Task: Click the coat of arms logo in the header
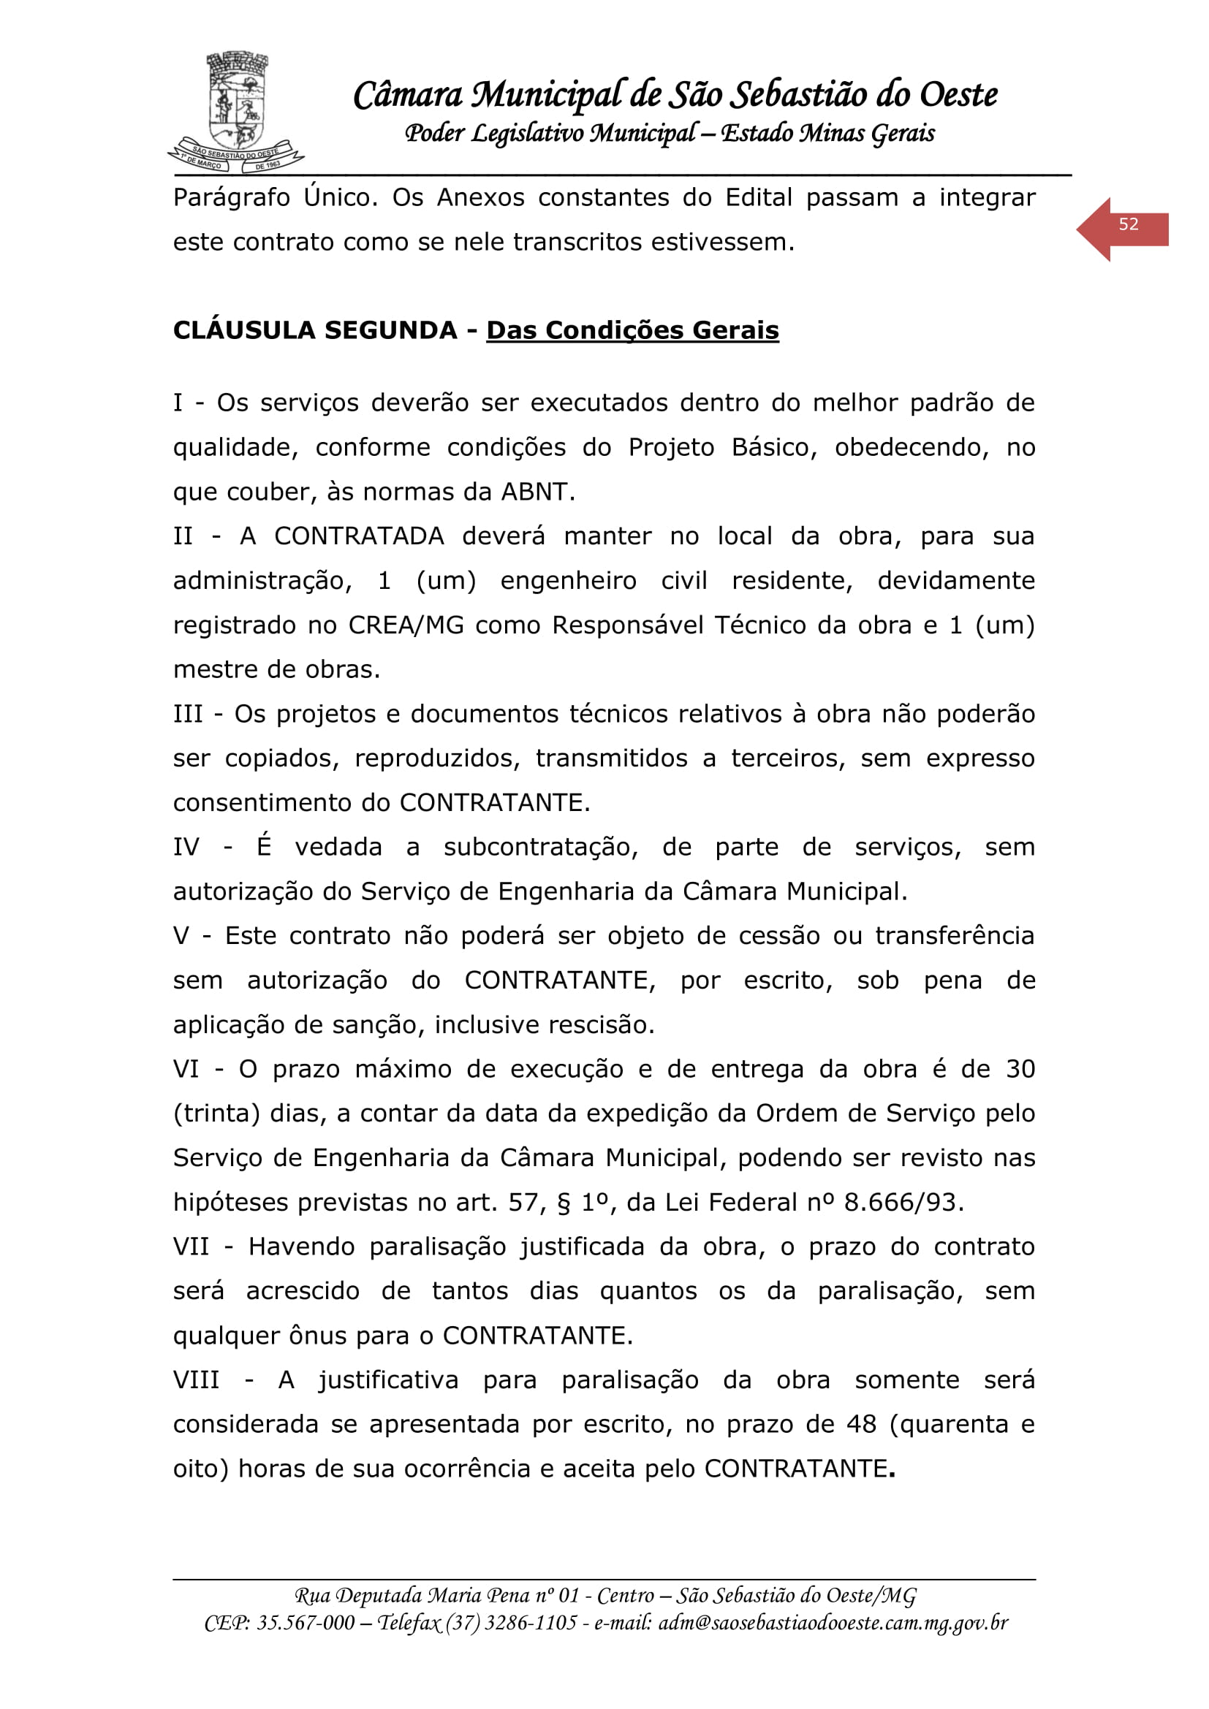(x=237, y=112)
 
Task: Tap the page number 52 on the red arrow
(x=1128, y=225)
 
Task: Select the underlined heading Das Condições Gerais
(x=632, y=330)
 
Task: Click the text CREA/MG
(x=406, y=625)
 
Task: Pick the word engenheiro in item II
(x=568, y=581)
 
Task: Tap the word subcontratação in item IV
(x=540, y=847)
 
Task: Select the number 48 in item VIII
(x=861, y=1425)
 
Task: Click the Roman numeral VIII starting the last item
(x=196, y=1380)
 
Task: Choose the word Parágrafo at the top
(x=232, y=198)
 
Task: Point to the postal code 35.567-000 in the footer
(x=306, y=1623)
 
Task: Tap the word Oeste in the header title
(x=958, y=95)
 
